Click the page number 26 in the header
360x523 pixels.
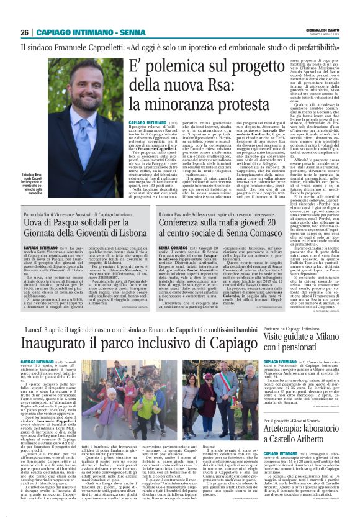click(24, 32)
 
